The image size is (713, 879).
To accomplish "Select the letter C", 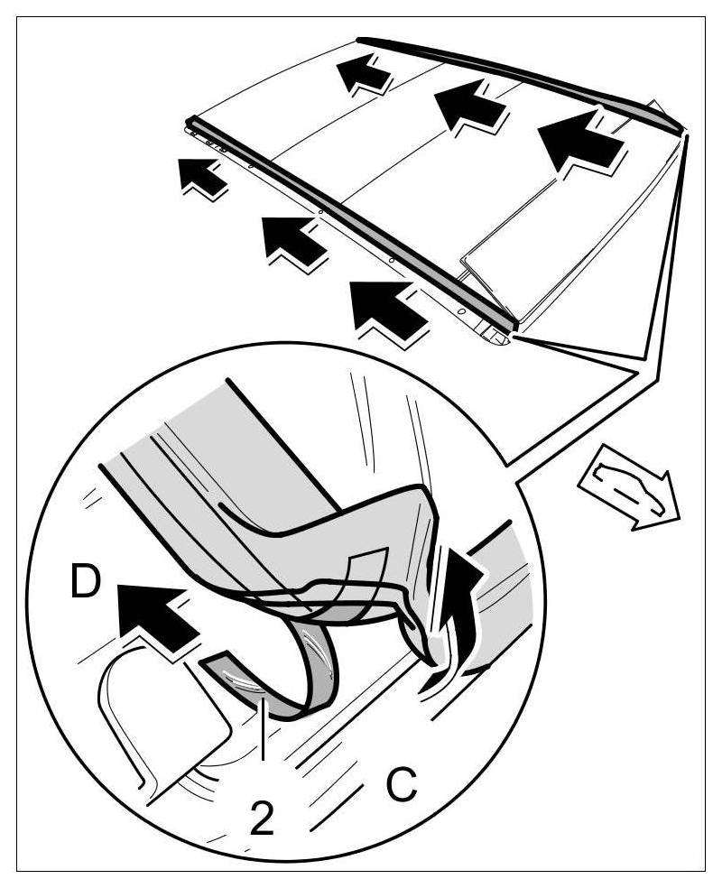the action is [x=400, y=784].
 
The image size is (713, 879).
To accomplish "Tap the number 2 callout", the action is [x=260, y=818].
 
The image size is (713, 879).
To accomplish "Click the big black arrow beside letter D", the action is [x=153, y=615].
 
